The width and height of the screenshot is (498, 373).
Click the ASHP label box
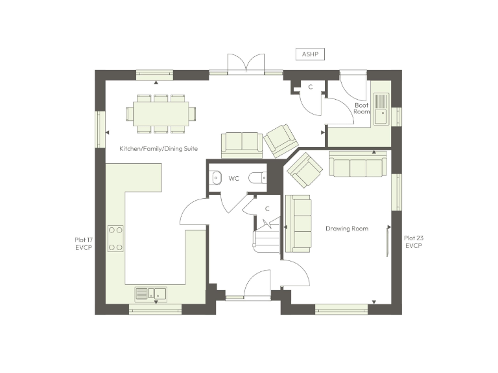click(310, 54)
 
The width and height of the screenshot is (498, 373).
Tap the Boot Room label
click(362, 108)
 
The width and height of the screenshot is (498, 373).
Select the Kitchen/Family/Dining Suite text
click(158, 149)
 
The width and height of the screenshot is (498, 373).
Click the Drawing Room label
click(347, 229)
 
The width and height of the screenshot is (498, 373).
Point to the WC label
click(234, 178)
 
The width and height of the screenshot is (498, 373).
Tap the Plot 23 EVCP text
click(414, 242)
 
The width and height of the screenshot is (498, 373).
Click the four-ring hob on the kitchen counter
click(116, 238)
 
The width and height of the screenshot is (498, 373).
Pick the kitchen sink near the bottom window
click(150, 295)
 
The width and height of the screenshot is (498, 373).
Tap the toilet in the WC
click(258, 177)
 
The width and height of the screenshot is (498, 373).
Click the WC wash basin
click(215, 177)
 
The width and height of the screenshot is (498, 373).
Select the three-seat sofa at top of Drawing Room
click(358, 164)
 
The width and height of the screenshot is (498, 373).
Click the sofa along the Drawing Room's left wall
click(300, 223)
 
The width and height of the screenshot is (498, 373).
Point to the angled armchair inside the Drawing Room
click(305, 170)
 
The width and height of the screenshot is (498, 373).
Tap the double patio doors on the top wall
click(246, 65)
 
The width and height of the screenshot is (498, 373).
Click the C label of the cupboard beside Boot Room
click(311, 87)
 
